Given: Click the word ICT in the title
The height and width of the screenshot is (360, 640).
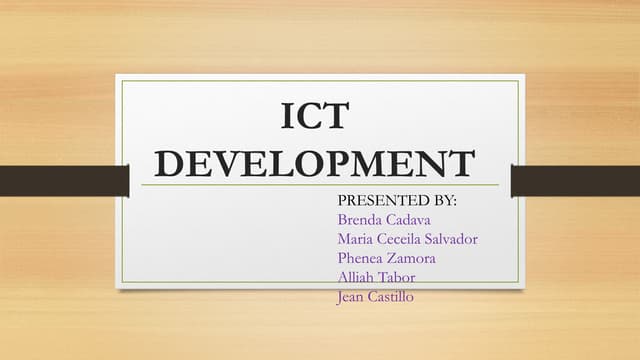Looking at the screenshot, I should pos(316,116).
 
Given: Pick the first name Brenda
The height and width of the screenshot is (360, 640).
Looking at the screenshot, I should pos(359,219).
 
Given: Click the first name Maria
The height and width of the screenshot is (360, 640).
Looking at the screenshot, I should pos(356,238).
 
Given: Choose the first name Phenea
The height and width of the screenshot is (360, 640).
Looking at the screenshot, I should pos(361,257).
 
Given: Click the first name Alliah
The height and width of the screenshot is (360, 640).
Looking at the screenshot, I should pos(358,276).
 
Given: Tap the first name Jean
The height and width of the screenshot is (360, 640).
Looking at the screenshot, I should pos(353,295).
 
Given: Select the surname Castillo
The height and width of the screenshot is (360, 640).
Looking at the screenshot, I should pos(395,295).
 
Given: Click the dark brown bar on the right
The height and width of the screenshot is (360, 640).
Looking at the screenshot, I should pos(575,181).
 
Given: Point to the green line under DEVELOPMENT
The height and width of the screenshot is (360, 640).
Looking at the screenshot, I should pos(319,185).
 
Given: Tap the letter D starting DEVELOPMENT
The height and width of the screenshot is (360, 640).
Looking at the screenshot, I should pos(177,163).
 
